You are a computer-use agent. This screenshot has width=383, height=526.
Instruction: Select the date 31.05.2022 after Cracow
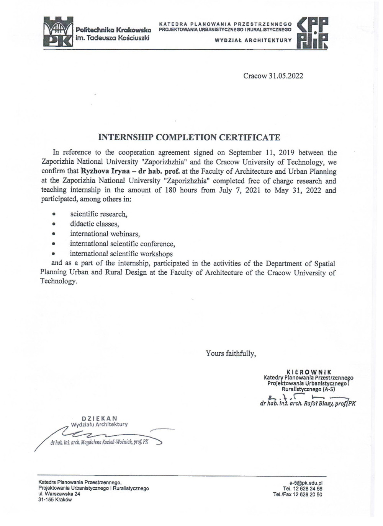[x=285, y=76]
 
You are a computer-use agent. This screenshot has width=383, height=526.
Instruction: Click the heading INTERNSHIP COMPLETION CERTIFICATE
[x=189, y=137]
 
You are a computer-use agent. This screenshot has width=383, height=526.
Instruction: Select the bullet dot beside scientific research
[x=54, y=214]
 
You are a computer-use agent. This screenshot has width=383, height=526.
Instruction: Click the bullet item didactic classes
[x=94, y=224]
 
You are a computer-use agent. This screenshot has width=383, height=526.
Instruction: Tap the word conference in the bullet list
[x=158, y=244]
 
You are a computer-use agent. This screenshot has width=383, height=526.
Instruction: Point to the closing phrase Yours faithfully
[x=231, y=353]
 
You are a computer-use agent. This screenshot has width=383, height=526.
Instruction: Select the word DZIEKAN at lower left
[x=100, y=419]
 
